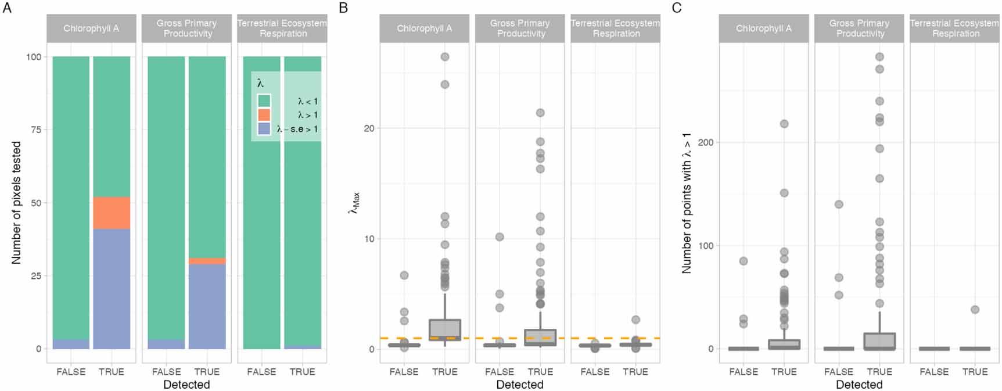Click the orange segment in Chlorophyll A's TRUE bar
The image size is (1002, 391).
tap(112, 213)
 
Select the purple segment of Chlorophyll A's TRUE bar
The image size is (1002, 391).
tap(112, 289)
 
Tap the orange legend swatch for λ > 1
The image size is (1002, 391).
tap(264, 115)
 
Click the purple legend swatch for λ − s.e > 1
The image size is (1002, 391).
tap(264, 129)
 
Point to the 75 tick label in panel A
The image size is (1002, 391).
tap(35, 130)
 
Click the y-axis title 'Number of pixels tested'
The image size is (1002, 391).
tap(16, 203)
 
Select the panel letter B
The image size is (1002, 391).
tap(343, 8)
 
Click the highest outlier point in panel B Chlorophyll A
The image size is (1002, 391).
tap(445, 57)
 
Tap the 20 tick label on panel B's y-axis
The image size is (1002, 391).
tap(369, 128)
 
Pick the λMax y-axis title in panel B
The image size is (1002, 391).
tap(354, 203)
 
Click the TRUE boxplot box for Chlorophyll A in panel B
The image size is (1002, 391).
tap(445, 329)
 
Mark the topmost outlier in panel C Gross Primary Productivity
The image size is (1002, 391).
tap(879, 57)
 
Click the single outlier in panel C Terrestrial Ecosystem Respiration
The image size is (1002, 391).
tap(975, 310)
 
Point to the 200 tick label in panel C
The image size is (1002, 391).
tap(705, 142)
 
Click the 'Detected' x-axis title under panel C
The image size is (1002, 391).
tap(859, 385)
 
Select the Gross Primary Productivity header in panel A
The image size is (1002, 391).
tap(187, 28)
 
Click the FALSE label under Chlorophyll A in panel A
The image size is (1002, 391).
tap(71, 372)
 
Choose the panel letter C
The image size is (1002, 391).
tap(677, 8)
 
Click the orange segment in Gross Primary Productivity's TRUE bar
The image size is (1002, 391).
tap(207, 261)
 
